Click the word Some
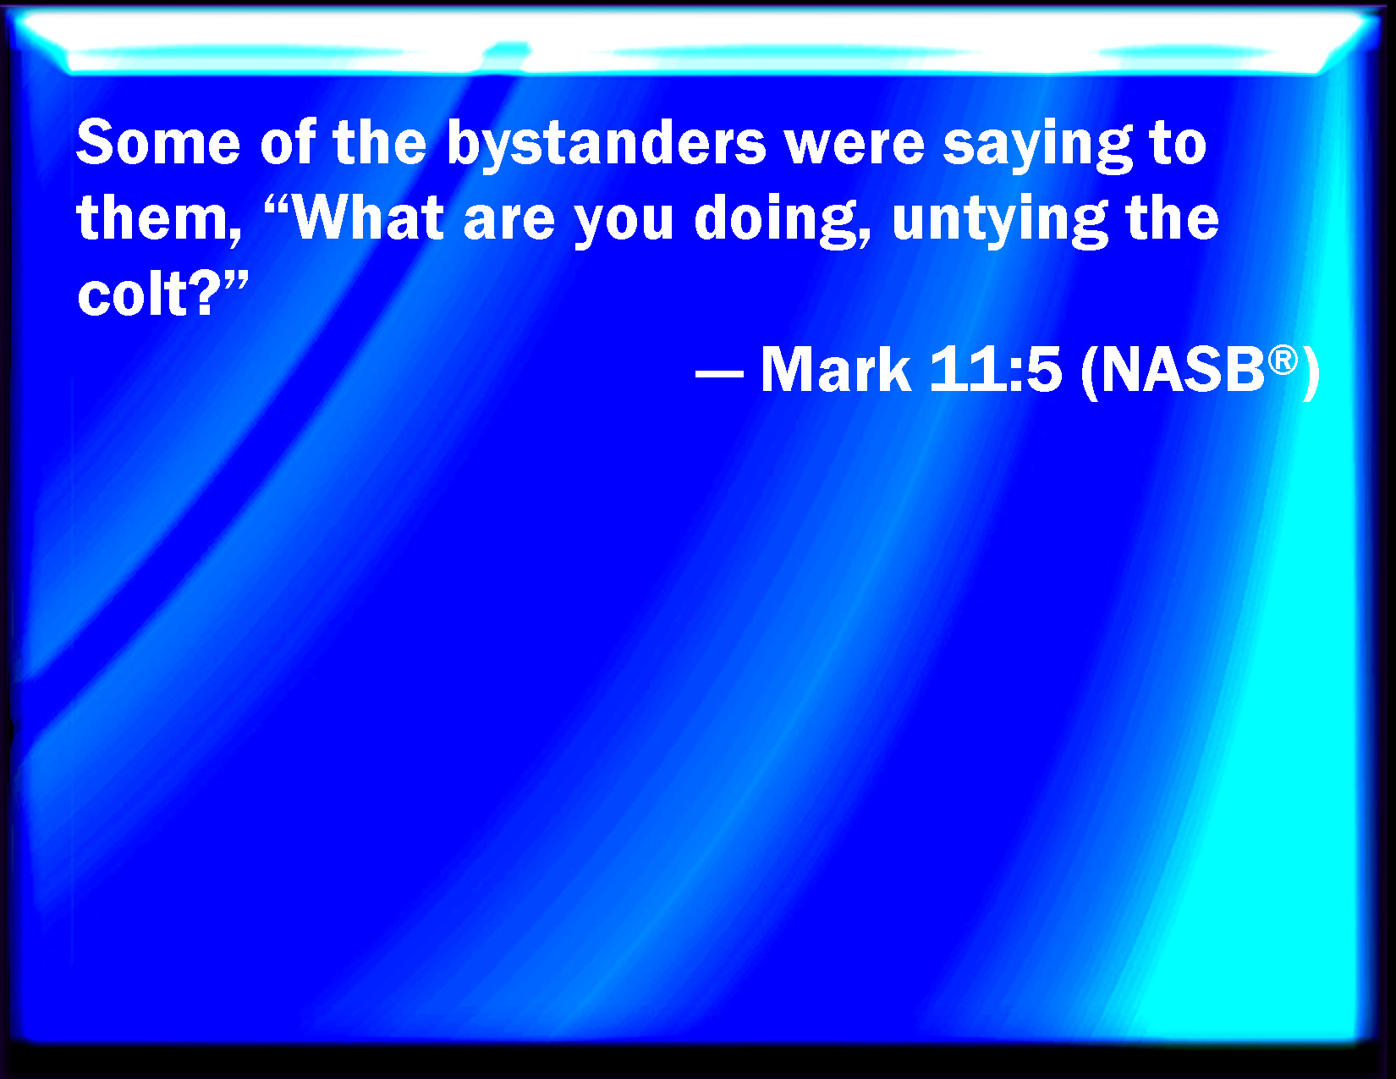click(x=158, y=142)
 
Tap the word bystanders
click(x=607, y=146)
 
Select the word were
click(x=855, y=142)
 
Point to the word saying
click(x=1037, y=147)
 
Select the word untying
click(x=1000, y=222)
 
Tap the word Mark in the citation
click(x=835, y=370)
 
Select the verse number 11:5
click(x=994, y=370)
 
